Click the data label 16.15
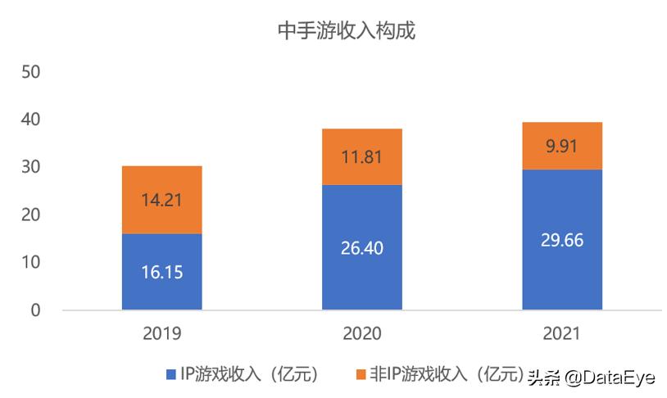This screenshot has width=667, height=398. point(161,272)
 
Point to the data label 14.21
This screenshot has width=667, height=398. point(161,200)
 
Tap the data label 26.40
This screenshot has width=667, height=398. point(361,247)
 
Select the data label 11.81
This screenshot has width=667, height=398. point(361,157)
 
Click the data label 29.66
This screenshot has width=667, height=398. point(562,240)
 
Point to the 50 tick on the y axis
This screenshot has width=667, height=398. point(31,72)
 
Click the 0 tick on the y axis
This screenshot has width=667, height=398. point(36,310)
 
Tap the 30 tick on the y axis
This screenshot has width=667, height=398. point(31,167)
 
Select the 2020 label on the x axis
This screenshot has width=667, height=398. point(361,334)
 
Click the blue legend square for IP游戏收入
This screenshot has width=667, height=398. point(171,375)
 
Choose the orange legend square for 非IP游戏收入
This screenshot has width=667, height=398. point(360,375)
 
